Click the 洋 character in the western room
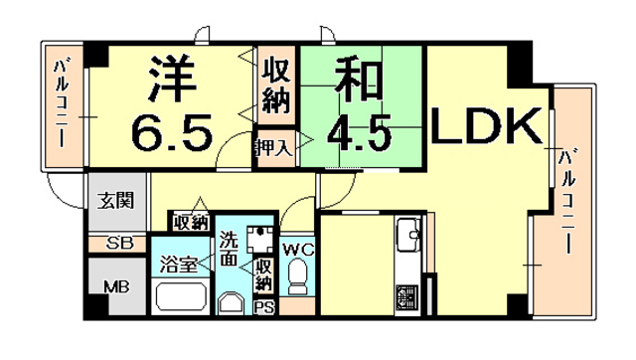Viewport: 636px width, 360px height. tap(171, 80)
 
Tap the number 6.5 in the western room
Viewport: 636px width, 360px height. tap(173, 129)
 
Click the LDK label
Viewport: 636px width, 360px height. tap(487, 127)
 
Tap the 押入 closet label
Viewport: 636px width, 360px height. tap(272, 148)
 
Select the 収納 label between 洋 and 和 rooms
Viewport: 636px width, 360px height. tap(276, 87)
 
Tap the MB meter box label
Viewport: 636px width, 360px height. tap(117, 287)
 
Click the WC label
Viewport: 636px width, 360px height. tap(298, 249)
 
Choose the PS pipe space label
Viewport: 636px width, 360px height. tap(265, 306)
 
